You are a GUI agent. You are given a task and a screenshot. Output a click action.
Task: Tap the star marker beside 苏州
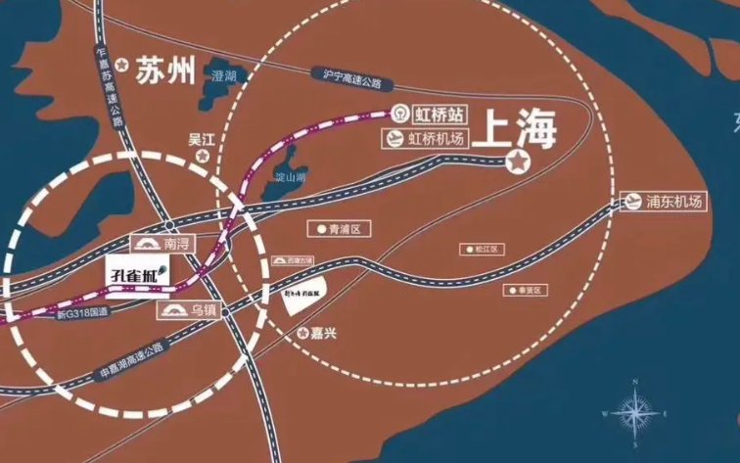[121, 65]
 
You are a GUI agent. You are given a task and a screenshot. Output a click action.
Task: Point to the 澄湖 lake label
[223, 74]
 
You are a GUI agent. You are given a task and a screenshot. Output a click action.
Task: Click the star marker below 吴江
[203, 156]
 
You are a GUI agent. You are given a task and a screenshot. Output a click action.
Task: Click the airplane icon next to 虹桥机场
[393, 139]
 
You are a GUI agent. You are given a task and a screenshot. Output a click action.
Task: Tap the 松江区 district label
[482, 250]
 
